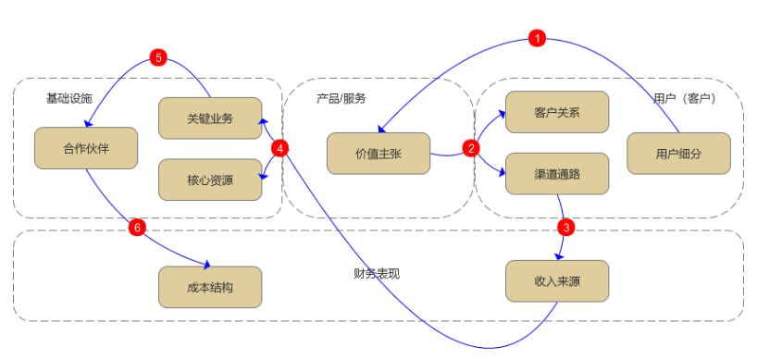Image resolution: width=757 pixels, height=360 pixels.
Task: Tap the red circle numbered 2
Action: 472,148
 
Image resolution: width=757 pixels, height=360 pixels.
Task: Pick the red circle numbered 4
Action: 281,148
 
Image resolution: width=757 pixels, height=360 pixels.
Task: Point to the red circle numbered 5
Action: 158,58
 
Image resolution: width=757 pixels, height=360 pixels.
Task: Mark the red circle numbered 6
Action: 137,225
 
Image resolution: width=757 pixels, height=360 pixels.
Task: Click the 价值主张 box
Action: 378,154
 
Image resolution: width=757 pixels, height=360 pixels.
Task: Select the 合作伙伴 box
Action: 85,148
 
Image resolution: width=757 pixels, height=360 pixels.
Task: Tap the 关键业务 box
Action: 209,118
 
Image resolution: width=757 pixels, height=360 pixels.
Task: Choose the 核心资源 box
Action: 209,179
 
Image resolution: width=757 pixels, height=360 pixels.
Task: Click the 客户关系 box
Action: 557,112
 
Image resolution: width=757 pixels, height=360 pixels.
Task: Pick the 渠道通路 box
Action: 557,173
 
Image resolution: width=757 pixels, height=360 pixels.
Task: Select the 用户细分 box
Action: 678,154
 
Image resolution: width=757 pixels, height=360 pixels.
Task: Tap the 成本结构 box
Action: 209,287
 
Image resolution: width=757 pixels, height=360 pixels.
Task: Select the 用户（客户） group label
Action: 683,98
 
